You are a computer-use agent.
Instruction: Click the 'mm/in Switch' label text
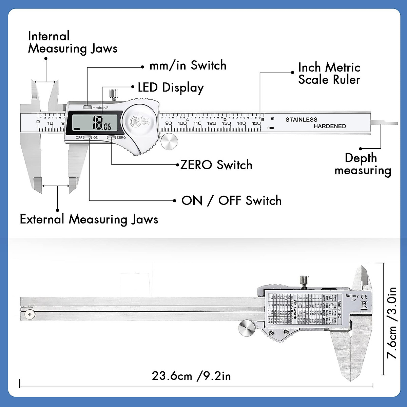(188, 65)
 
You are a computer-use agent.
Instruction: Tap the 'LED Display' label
(171, 88)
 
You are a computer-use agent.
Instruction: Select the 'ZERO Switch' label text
(216, 165)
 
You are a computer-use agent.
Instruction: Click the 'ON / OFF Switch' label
(231, 200)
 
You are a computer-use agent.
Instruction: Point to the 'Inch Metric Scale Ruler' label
(329, 73)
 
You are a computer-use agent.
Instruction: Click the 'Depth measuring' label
(363, 164)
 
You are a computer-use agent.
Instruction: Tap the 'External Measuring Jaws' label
(89, 219)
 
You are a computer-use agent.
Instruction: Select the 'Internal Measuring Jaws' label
(72, 42)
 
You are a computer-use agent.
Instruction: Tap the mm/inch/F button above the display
(88, 107)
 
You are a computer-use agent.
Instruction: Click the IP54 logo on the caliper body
(139, 121)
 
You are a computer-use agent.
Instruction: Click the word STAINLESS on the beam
(301, 119)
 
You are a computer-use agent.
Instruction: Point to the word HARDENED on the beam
(330, 126)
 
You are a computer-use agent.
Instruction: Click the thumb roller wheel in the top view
(169, 142)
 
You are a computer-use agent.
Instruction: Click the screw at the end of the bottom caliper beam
(30, 315)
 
